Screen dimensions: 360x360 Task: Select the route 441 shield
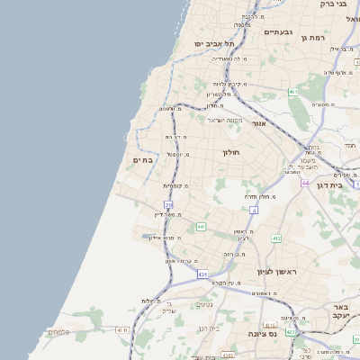(201, 226)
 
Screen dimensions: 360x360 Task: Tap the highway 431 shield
(202, 273)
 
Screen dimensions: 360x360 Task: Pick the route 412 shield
(275, 238)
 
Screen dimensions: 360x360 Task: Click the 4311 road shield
(122, 330)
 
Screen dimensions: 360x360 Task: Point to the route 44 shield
(305, 182)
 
